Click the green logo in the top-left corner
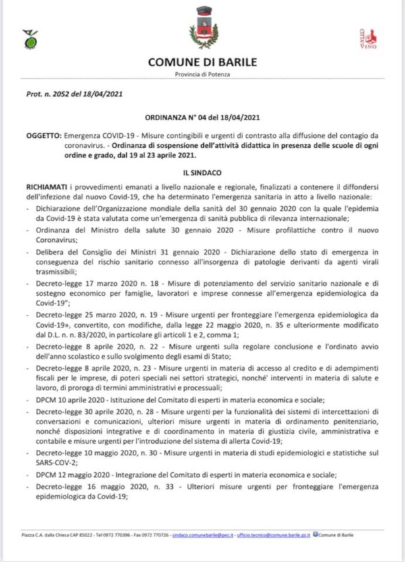pyautogui.click(x=30, y=39)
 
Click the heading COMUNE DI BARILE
pyautogui.click(x=202, y=63)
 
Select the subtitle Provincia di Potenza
pyautogui.click(x=202, y=74)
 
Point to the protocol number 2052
pyautogui.click(x=63, y=95)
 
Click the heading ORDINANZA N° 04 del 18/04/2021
pyautogui.click(x=202, y=118)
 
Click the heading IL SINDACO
pyautogui.click(x=202, y=173)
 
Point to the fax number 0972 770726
pyautogui.click(x=153, y=535)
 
